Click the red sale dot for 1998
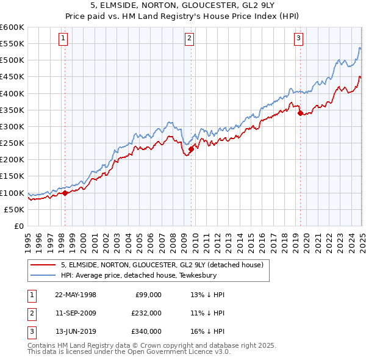click(x=65, y=193)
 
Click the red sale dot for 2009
click(x=191, y=149)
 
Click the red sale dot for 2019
click(x=300, y=113)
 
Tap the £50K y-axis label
click(x=15, y=209)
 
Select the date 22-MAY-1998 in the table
click(x=76, y=295)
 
